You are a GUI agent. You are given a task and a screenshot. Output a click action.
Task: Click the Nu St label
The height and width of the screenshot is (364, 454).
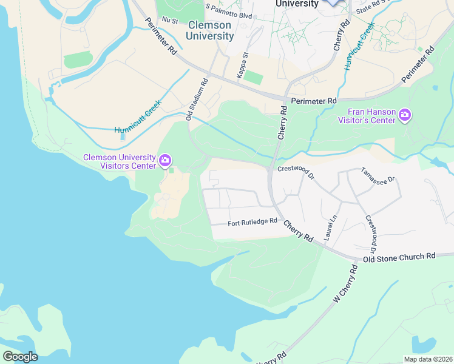tap(169, 21)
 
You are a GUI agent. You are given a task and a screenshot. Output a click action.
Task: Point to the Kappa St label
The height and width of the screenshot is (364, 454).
tap(246, 64)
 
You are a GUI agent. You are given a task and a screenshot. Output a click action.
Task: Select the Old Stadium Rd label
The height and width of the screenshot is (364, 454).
tap(197, 104)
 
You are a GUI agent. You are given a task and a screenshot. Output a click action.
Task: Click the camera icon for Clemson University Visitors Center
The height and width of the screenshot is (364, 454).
tap(165, 160)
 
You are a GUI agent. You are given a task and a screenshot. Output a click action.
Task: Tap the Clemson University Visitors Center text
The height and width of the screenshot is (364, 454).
tap(119, 162)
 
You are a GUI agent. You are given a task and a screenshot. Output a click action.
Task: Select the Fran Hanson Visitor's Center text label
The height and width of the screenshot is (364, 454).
tap(372, 115)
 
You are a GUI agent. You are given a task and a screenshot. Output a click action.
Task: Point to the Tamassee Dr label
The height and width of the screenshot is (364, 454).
tap(378, 175)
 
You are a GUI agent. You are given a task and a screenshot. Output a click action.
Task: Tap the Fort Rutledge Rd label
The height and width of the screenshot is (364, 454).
tap(252, 222)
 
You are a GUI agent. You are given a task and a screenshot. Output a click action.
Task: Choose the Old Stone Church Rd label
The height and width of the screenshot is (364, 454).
tap(399, 257)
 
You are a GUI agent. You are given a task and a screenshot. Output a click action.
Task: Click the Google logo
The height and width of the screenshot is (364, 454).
tap(20, 356)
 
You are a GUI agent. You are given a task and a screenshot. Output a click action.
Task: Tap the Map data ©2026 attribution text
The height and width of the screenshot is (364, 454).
tap(427, 359)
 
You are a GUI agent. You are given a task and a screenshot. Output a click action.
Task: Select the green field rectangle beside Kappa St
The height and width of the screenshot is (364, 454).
tap(255, 78)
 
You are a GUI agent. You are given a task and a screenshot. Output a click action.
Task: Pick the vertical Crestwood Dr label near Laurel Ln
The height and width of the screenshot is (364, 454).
tap(371, 234)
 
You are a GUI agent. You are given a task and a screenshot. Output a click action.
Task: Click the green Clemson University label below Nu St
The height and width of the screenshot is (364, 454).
tap(210, 30)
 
